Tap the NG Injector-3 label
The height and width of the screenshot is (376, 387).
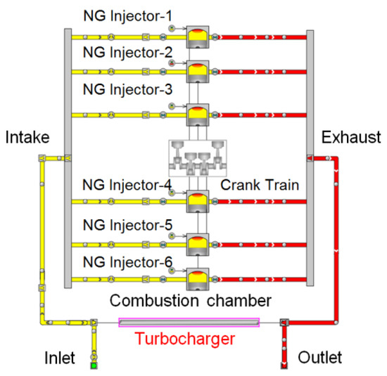click(x=127, y=90)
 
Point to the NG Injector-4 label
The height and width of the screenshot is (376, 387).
click(x=127, y=185)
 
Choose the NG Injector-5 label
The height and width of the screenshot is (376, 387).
click(x=127, y=227)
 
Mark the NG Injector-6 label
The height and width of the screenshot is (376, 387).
click(x=127, y=264)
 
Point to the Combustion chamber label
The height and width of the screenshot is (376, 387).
click(x=190, y=301)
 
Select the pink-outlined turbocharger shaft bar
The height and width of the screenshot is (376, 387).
click(x=189, y=322)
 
